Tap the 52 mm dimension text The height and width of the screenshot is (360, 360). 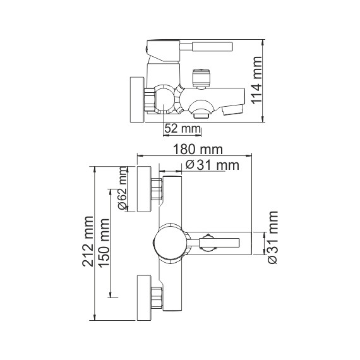point(182,128)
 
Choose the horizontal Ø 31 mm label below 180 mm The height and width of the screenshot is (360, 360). point(213,165)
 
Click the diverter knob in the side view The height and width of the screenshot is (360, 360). point(200,81)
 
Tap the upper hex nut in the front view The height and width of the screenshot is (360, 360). point(157,189)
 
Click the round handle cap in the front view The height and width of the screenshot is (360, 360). point(169,241)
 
